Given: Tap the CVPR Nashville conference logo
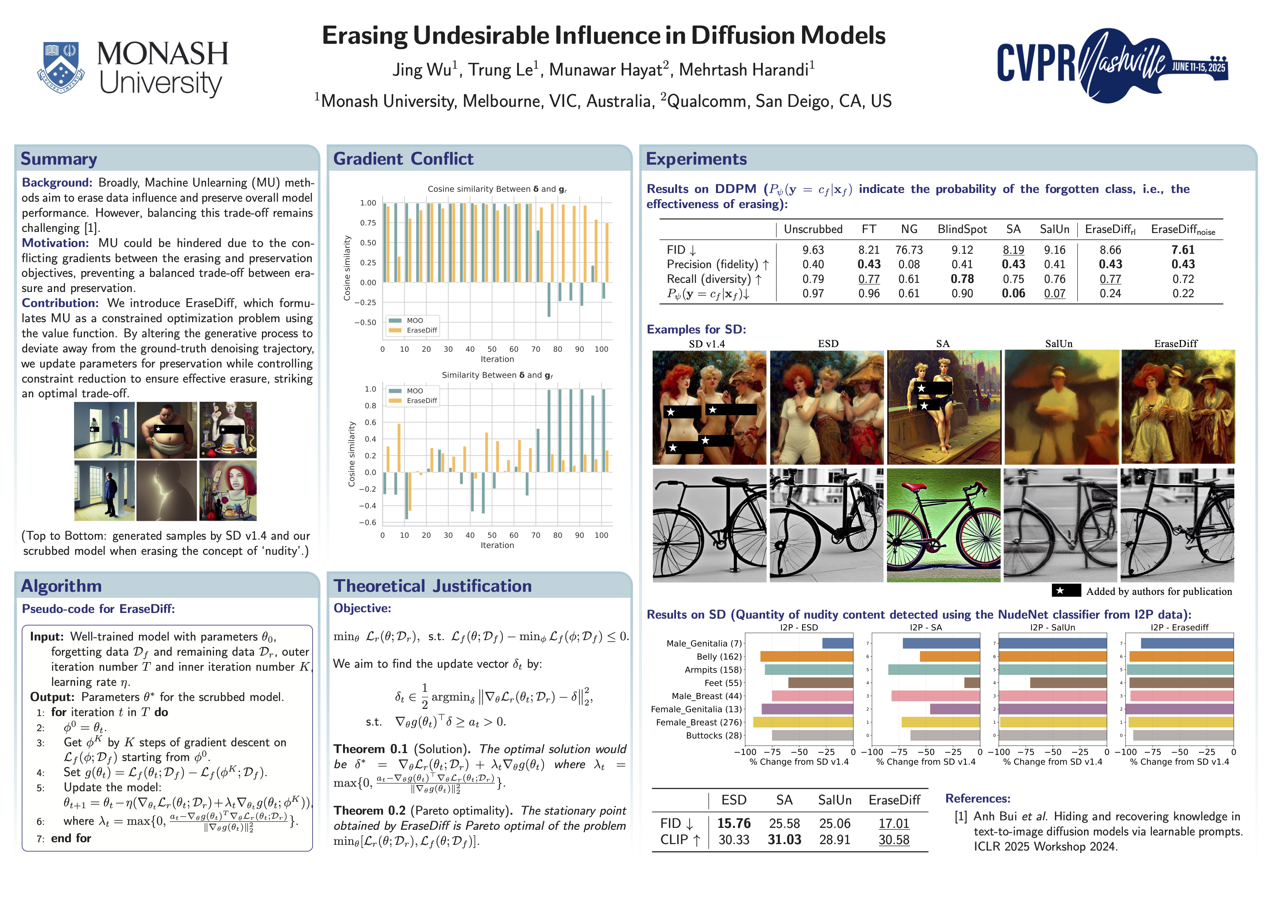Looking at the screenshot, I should (x=1112, y=65).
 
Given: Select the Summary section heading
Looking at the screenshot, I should (x=59, y=159).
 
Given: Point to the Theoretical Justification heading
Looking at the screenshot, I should (x=432, y=586).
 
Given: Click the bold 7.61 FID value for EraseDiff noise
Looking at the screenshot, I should (x=1183, y=250).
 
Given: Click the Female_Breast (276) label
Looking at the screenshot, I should (x=698, y=722).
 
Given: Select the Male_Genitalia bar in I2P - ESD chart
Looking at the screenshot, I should (x=837, y=644).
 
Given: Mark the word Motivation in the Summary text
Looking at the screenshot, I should (x=55, y=243).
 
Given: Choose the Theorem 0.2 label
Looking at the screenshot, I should (x=370, y=811).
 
